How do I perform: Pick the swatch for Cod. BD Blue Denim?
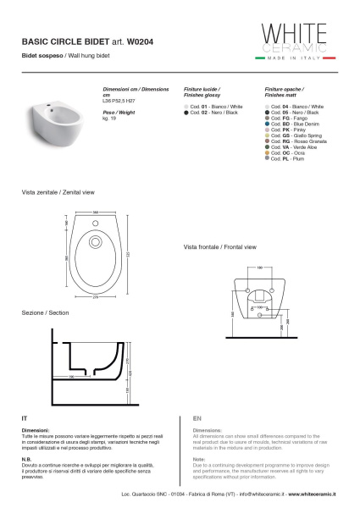pos(267,123)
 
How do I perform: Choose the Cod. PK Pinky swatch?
pos(267,130)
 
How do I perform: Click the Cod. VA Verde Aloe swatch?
pos(267,146)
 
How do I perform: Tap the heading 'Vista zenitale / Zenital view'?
pos(58,193)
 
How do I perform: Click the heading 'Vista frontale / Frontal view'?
pos(219,248)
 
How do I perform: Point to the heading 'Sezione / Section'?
pos(46,312)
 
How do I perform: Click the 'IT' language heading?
pos(25,418)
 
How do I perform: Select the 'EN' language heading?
pos(197,418)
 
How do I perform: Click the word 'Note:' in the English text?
pos(200,459)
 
